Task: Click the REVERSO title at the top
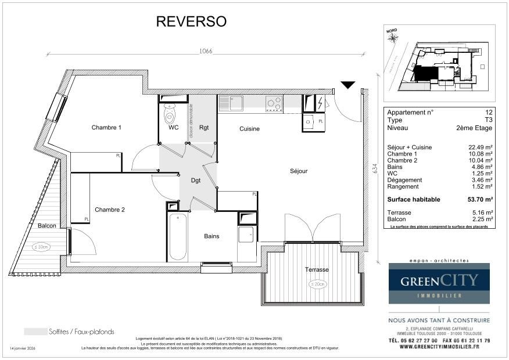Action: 191,21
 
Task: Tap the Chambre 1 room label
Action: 106,128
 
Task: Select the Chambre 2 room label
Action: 110,210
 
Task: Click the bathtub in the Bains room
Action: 178,236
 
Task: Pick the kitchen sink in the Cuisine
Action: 235,103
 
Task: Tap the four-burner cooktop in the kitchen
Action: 274,103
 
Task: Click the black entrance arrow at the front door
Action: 347,85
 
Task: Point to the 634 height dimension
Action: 375,168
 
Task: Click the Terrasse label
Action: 317,270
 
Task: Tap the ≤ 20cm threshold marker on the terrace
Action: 317,284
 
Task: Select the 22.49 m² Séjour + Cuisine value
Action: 480,147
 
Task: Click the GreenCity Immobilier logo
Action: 439,283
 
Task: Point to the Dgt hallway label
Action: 196,181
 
